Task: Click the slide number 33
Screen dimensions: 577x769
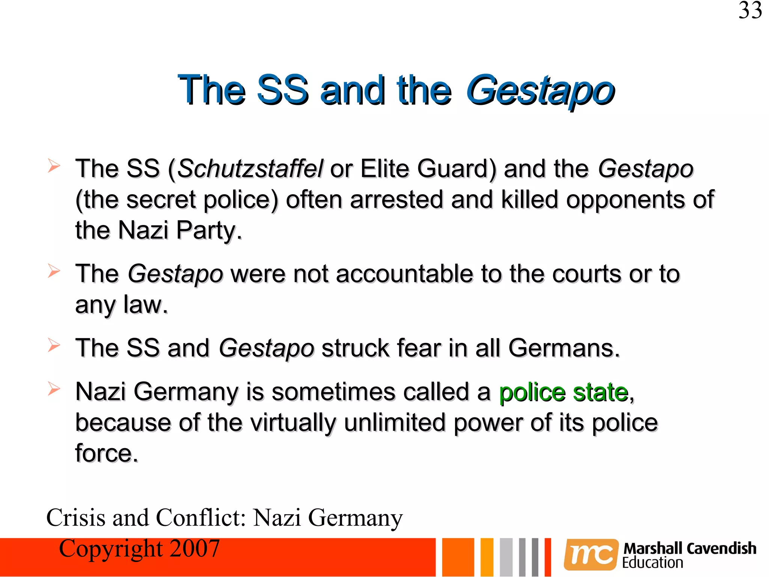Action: point(750,11)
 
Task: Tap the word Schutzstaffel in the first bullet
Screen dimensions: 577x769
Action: point(250,169)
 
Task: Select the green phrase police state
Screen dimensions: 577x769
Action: point(564,393)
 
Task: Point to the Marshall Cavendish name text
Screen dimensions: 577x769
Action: point(690,548)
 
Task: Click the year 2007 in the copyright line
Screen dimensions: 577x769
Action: point(195,549)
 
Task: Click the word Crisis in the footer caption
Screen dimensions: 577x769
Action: point(76,518)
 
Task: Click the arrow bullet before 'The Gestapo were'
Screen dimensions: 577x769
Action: point(54,271)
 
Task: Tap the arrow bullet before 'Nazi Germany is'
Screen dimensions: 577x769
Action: point(54,389)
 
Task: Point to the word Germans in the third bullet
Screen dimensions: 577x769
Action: point(563,348)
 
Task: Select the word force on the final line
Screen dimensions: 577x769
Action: point(106,453)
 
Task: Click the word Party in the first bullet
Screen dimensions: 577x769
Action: point(209,230)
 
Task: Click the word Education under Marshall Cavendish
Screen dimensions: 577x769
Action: point(653,563)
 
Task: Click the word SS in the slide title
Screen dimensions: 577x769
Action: point(282,91)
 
